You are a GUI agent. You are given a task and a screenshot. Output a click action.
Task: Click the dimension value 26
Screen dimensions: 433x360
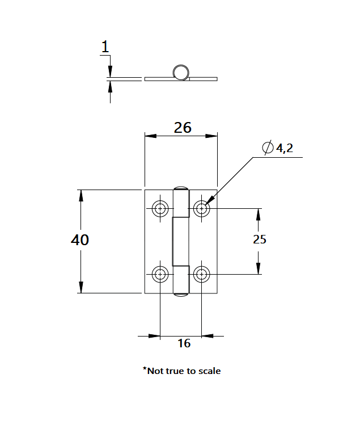coord(183,128)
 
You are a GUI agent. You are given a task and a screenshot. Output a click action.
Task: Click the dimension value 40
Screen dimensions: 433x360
coord(80,240)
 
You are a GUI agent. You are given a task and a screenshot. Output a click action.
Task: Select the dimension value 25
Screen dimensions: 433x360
coord(259,239)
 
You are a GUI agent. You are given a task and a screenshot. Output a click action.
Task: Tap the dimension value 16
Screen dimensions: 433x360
coord(184,343)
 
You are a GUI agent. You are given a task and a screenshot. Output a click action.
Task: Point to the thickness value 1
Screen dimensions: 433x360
coord(105,47)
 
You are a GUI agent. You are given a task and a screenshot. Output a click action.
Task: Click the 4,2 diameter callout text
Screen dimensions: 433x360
coord(285,149)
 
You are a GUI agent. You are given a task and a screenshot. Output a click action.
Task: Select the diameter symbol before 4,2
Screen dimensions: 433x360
coord(268,148)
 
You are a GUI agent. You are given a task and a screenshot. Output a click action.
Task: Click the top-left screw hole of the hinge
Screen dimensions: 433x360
coord(160,209)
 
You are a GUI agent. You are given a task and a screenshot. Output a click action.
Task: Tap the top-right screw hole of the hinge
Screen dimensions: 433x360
coord(201,209)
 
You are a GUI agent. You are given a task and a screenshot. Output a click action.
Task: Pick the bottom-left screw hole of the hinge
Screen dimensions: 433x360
coord(160,275)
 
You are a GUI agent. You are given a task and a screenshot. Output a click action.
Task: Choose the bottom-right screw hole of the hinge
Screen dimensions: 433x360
coord(201,275)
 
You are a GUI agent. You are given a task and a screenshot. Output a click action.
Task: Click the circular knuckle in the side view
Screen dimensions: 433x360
coord(181,72)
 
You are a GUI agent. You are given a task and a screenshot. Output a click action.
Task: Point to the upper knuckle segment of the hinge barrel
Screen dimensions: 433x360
coord(181,204)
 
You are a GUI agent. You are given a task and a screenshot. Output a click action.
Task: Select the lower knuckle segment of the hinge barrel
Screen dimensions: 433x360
coord(181,279)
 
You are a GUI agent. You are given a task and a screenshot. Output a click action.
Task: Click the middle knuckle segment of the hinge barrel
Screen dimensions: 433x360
coord(180,242)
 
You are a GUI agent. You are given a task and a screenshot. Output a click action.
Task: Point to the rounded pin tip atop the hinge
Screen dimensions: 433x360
coord(181,188)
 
